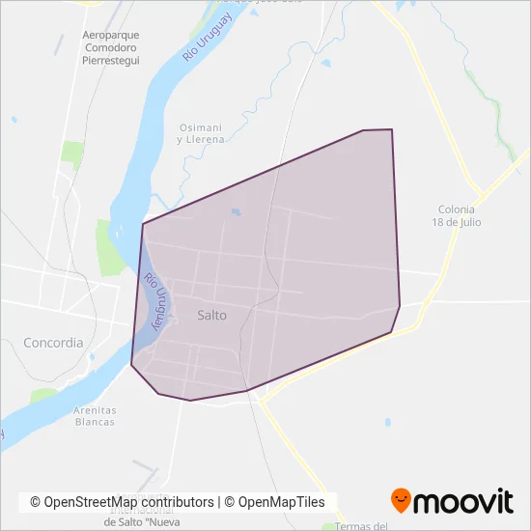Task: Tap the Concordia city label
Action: pyautogui.click(x=52, y=342)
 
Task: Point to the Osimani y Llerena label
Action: pyautogui.click(x=200, y=133)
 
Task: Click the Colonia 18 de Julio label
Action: pyautogui.click(x=459, y=215)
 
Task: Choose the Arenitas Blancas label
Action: pyautogui.click(x=94, y=416)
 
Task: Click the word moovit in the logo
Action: pyautogui.click(x=462, y=500)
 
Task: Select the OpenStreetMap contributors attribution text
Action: pyautogui.click(x=122, y=502)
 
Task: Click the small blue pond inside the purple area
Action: pyautogui.click(x=237, y=213)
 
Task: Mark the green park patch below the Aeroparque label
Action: pyautogui.click(x=72, y=152)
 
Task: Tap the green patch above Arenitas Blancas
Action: pyautogui.click(x=43, y=395)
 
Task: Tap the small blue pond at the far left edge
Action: pyautogui.click(x=14, y=120)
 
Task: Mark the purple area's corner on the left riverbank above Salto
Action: pyautogui.click(x=143, y=225)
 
